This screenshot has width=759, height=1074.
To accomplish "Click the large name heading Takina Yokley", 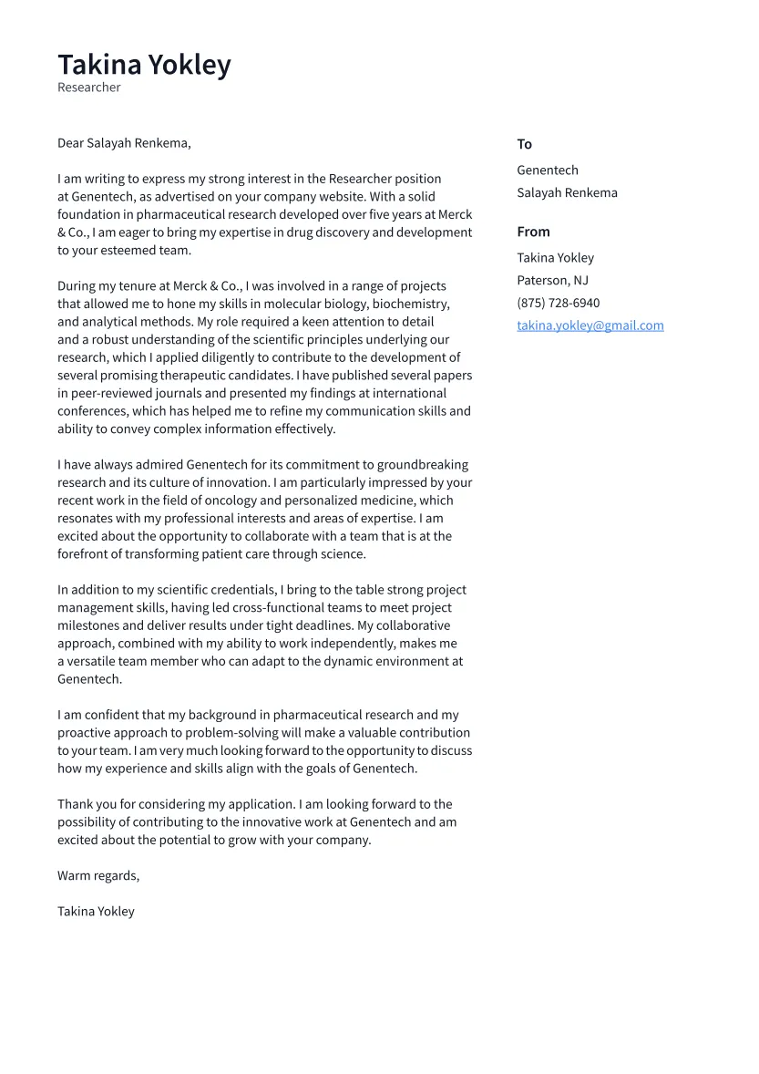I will [144, 65].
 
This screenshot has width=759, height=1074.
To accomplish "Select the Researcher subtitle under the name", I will [89, 88].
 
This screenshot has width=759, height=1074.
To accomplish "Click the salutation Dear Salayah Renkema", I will [124, 143].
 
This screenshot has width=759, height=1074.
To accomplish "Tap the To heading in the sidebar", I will [524, 144].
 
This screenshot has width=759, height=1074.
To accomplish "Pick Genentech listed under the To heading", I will [548, 170].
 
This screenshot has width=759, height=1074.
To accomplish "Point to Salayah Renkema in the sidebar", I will [567, 193].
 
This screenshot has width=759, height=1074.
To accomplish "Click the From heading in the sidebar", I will [533, 232].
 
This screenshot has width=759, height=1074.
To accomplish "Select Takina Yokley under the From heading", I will [555, 258].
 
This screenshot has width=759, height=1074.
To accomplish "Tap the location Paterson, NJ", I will [552, 281].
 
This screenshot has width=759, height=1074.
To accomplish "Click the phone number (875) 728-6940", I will [558, 304].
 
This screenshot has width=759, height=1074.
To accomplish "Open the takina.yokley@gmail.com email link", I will [590, 325].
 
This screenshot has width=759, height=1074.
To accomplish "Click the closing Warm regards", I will [98, 876].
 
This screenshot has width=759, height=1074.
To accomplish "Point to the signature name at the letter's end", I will [96, 912].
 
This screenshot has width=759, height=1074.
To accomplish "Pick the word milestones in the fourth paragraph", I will [88, 626].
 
